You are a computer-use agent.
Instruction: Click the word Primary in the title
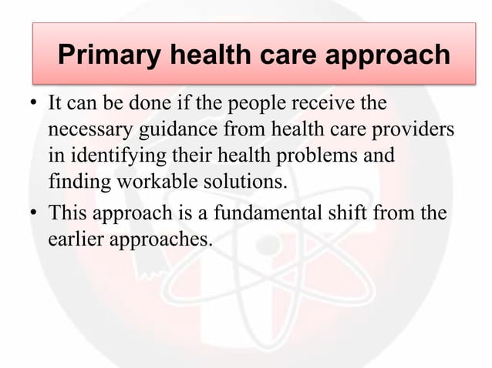108,55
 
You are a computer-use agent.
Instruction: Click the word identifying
111,156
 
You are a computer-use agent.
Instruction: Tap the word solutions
238,183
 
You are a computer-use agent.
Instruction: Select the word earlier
76,239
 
